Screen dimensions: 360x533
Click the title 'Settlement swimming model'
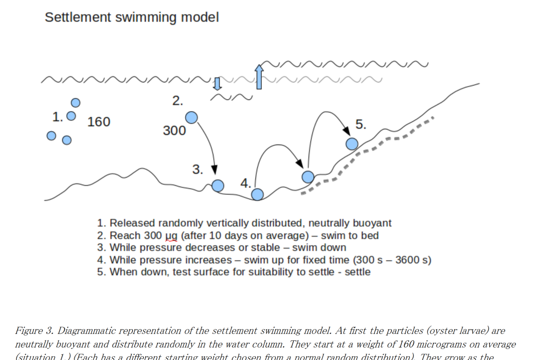pyautogui.click(x=132, y=17)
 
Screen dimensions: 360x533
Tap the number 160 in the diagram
pyautogui.click(x=98, y=122)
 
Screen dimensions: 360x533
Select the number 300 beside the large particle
pyautogui.click(x=174, y=131)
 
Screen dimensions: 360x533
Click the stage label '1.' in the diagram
pyautogui.click(x=58, y=117)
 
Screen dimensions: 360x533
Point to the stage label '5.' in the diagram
pyautogui.click(x=361, y=124)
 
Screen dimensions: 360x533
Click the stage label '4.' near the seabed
pyautogui.click(x=246, y=183)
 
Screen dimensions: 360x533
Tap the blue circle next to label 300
pyautogui.click(x=192, y=118)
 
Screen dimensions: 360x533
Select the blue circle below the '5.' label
pyautogui.click(x=352, y=144)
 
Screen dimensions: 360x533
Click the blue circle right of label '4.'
pyautogui.click(x=258, y=195)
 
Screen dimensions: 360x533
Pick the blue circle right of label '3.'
pyautogui.click(x=218, y=186)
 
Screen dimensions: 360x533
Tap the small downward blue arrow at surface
pyautogui.click(x=218, y=83)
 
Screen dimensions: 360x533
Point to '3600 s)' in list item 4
pyautogui.click(x=413, y=260)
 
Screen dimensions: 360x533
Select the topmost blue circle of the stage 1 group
pyautogui.click(x=75, y=102)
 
